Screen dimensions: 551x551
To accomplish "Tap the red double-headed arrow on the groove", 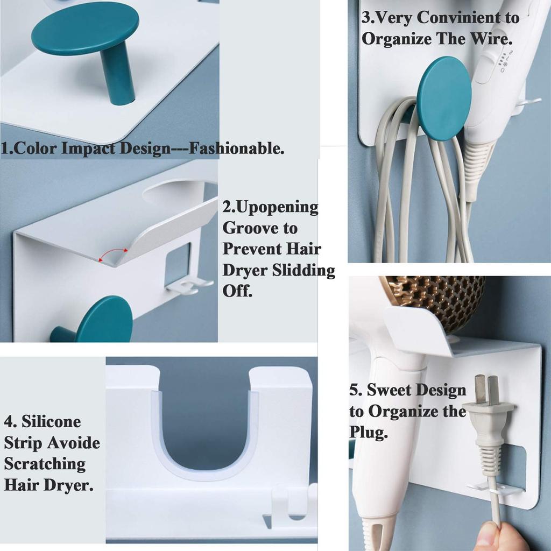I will click(113, 255).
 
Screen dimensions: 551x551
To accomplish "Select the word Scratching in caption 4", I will click(45, 464).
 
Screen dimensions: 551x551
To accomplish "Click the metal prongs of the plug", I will click(485, 390).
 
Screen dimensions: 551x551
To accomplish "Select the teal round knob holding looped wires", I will click(444, 98).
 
